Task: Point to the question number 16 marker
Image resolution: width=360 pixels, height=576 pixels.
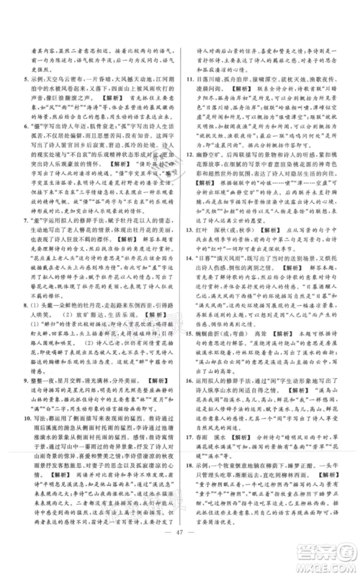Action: click(184, 405)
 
